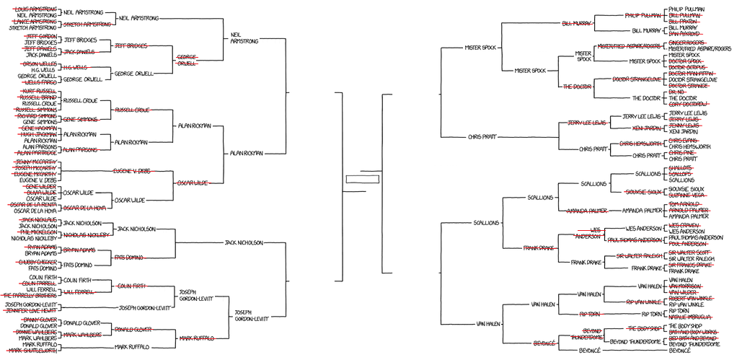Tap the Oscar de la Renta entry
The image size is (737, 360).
pyautogui.click(x=34, y=205)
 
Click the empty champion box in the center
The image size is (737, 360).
pyautogui.click(x=361, y=180)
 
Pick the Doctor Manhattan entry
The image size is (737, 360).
pyautogui.click(x=691, y=74)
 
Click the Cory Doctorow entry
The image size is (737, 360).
pyautogui.click(x=689, y=105)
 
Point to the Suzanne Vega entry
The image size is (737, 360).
pyautogui.click(x=687, y=196)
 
